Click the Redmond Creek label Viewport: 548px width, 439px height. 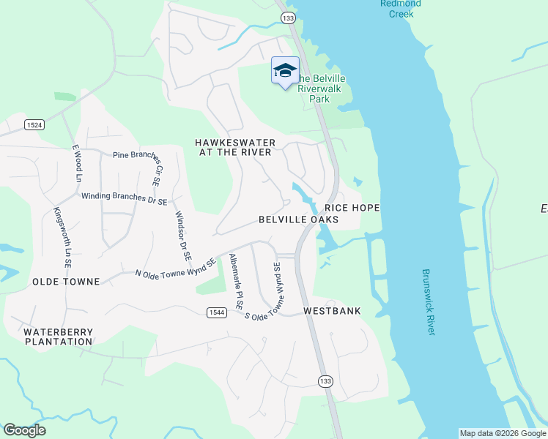click(400, 9)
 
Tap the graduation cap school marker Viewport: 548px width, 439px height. click(285, 71)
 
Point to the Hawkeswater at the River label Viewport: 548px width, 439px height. click(235, 147)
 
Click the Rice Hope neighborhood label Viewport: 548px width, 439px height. click(352, 208)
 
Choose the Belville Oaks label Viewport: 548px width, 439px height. click(298, 219)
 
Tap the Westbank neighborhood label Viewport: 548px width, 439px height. click(332, 311)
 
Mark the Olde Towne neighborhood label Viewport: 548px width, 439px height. click(65, 281)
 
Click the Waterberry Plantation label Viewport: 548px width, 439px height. click(59, 336)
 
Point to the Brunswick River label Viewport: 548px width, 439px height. click(429, 302)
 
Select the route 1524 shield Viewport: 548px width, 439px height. click(34, 125)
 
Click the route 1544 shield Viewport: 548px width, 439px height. click(215, 312)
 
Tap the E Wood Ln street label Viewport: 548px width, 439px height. click(75, 164)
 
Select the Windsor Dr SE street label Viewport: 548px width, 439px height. click(182, 236)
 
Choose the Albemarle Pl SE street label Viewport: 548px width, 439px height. click(236, 281)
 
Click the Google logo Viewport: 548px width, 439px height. click(24, 430)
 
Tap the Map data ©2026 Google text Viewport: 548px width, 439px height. click(503, 433)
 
